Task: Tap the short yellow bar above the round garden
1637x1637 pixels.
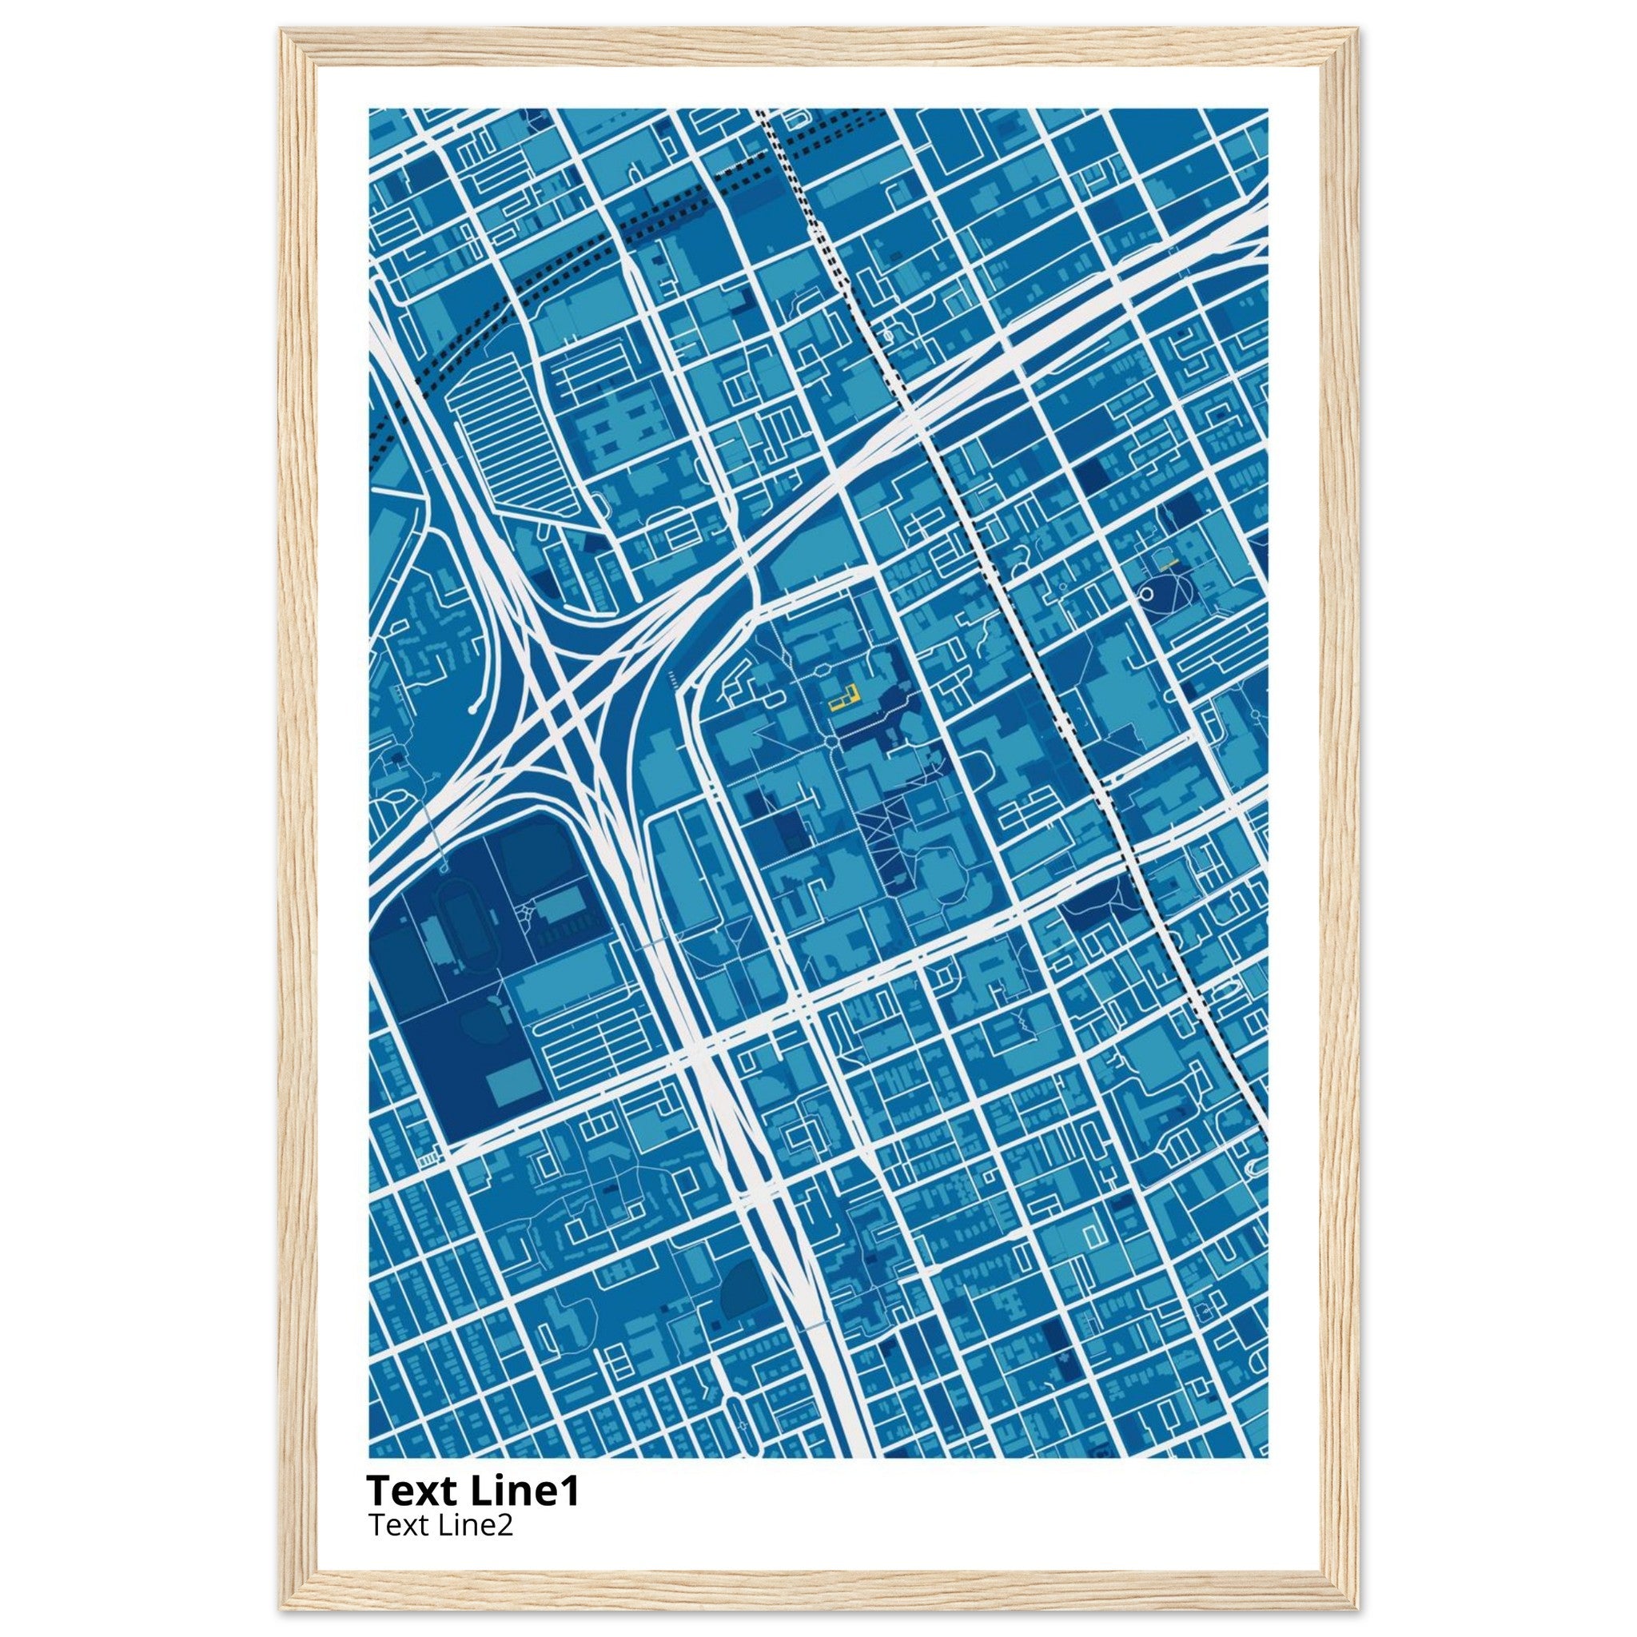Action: pyautogui.click(x=1170, y=562)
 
